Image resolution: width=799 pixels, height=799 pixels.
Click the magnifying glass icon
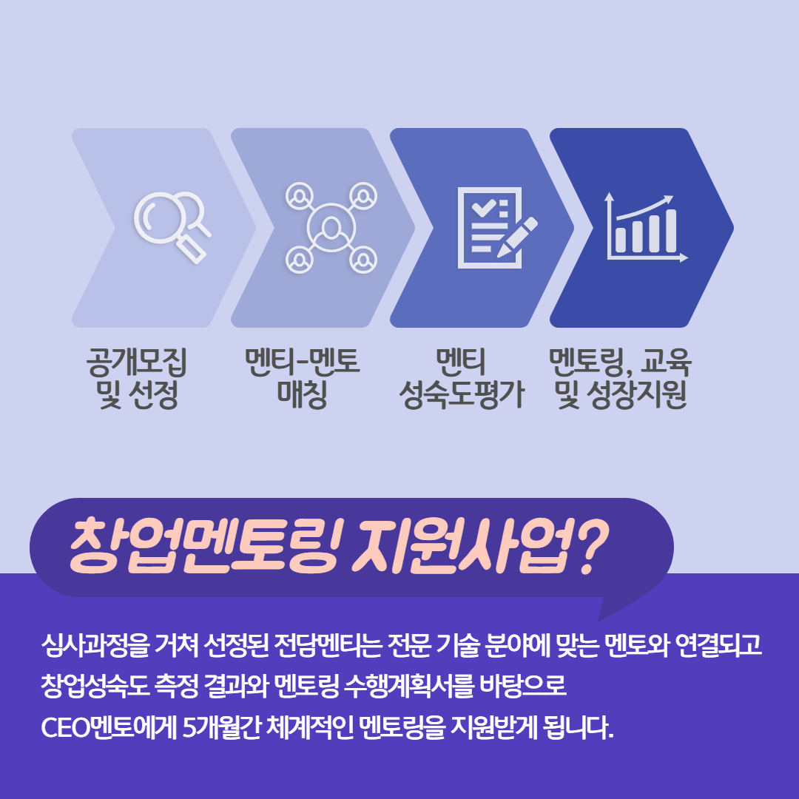(171, 226)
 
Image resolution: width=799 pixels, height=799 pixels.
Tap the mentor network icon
(331, 227)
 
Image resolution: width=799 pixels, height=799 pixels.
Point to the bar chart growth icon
(646, 227)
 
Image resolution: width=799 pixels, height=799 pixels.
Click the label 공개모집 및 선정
(137, 378)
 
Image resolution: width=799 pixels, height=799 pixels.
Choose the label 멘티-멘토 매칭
(302, 378)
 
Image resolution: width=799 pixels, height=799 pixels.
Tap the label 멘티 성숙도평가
(461, 378)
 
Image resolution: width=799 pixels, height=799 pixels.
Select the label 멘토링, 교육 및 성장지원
(620, 378)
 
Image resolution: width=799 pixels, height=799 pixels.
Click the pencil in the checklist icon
(517, 237)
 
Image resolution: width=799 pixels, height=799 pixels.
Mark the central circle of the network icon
(331, 227)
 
